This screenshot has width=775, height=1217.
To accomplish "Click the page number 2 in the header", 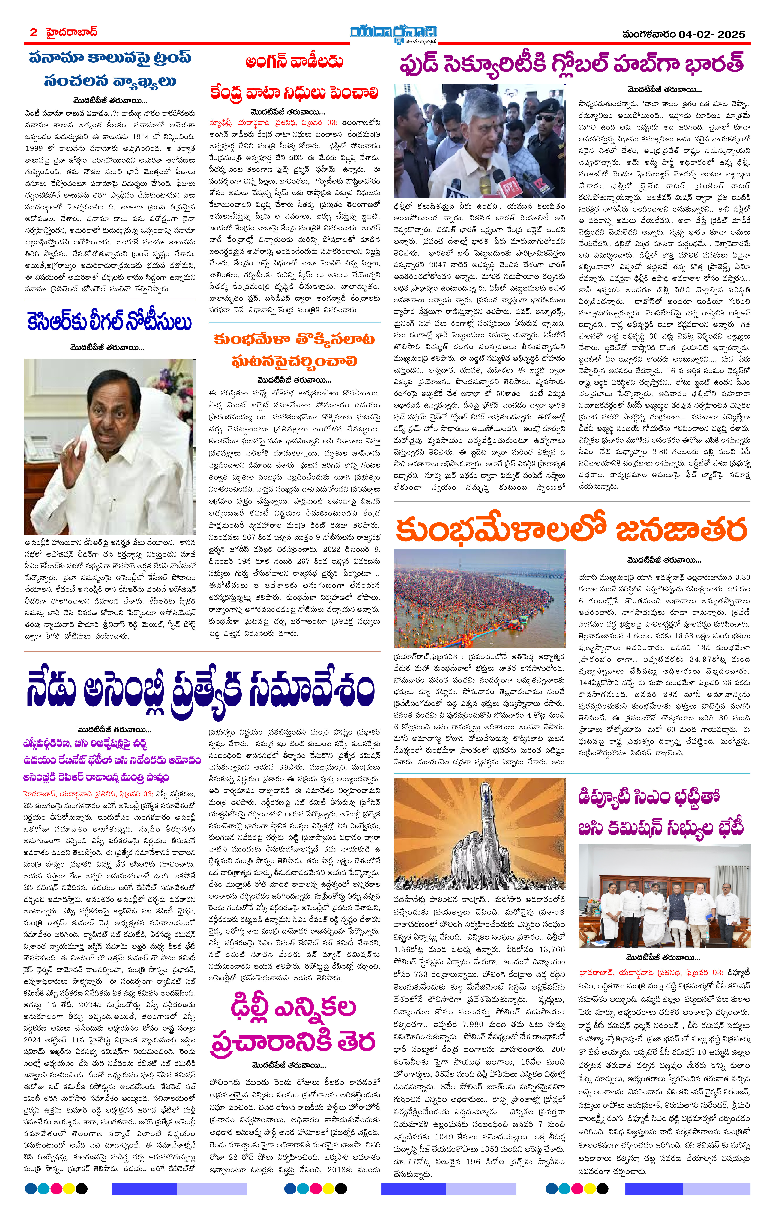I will [x=33, y=32].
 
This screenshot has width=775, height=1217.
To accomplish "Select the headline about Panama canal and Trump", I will [x=110, y=69].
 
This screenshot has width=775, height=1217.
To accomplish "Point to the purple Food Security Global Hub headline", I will [x=572, y=64].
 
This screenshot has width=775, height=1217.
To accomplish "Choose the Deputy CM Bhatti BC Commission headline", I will [x=661, y=813].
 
